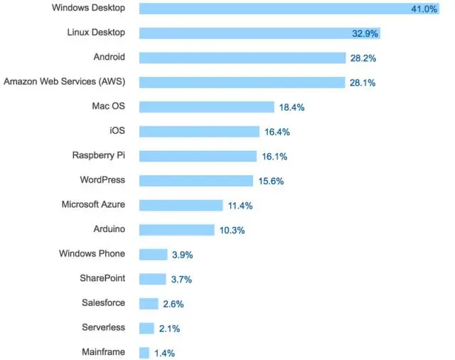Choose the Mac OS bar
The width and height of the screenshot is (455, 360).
(206, 107)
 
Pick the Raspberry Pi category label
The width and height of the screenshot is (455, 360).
(99, 156)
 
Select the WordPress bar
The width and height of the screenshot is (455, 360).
(196, 181)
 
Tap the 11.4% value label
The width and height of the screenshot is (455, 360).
(240, 206)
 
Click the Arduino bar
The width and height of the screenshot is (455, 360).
(176, 230)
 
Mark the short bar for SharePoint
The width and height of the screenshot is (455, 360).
(152, 279)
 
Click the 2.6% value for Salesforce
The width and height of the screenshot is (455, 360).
(173, 304)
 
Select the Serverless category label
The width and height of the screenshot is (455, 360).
(104, 328)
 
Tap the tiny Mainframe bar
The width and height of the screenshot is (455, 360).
(144, 353)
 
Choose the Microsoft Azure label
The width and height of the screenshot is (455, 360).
(93, 205)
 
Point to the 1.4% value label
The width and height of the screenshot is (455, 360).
(165, 353)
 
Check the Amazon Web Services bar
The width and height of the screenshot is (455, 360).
(242, 82)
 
